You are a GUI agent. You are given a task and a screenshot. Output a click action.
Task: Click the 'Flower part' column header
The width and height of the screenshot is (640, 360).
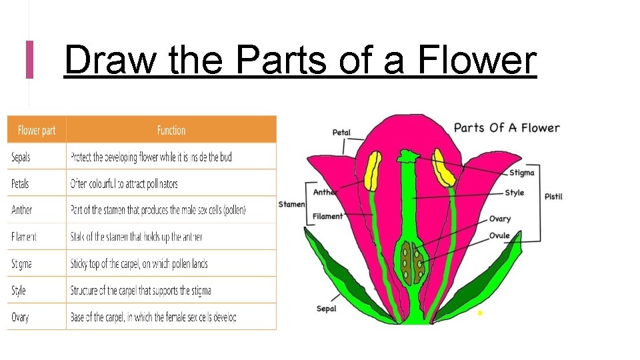[x=37, y=130]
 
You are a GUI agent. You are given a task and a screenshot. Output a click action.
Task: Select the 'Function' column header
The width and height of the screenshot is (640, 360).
[x=171, y=130]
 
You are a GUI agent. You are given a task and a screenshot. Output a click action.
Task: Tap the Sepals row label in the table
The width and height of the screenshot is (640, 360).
[x=21, y=157]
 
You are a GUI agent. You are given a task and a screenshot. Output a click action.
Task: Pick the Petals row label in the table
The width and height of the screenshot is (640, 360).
[x=20, y=183]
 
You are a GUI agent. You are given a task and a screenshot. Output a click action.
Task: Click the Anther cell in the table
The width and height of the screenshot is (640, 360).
[x=21, y=210]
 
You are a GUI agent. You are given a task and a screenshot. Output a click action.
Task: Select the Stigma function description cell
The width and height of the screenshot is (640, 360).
[x=139, y=264]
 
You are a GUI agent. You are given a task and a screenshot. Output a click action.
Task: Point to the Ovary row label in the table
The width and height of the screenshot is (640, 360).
[x=20, y=317]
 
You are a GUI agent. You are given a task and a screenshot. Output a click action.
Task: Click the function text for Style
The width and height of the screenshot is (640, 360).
[x=141, y=291]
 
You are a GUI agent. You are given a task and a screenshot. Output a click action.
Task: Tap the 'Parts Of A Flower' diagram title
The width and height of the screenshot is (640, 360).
[x=507, y=128]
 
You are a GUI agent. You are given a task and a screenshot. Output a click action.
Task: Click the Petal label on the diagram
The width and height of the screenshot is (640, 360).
[x=341, y=133]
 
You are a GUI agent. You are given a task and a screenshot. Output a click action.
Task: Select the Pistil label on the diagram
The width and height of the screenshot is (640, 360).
[x=553, y=197]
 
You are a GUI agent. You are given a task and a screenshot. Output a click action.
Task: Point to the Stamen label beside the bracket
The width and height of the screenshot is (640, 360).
[x=291, y=204]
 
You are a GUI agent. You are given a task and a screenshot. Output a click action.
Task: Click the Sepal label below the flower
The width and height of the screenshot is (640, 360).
[x=326, y=309]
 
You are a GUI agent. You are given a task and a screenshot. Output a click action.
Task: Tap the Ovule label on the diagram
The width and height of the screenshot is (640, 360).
[x=499, y=235]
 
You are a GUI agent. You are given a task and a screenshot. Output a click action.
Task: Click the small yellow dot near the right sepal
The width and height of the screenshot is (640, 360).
[x=480, y=312]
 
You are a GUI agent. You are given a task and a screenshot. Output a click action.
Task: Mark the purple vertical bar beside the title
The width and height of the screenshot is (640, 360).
[x=29, y=59]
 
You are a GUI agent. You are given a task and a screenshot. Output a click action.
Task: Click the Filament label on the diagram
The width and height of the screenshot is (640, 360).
[x=327, y=216]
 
